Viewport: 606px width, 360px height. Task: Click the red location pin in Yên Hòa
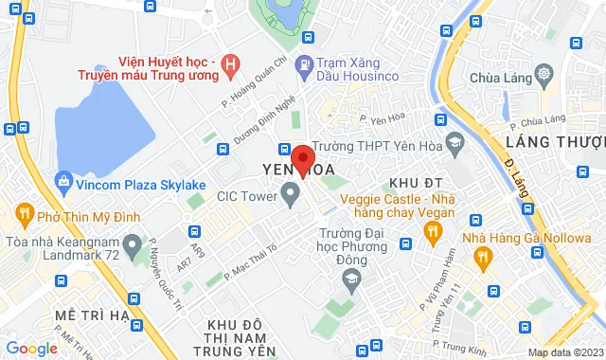point(302,159)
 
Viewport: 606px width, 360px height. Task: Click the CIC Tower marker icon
point(291,197)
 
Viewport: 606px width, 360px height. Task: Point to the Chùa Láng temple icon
point(544,73)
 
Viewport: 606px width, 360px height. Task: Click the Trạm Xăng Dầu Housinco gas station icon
point(304,65)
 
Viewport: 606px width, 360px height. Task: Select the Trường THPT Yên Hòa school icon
point(454,146)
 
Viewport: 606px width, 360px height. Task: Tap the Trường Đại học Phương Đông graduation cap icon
point(351,279)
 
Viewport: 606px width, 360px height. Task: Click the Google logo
point(32,348)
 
